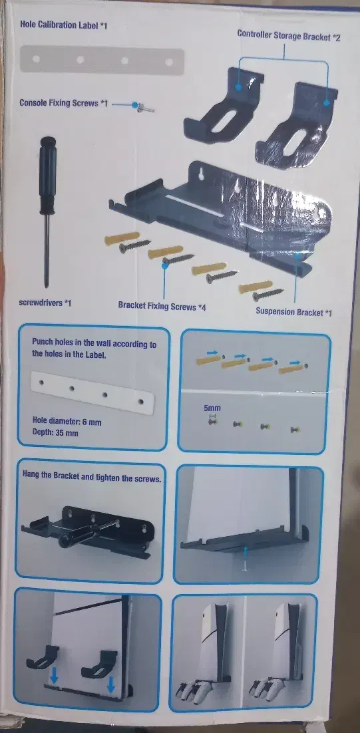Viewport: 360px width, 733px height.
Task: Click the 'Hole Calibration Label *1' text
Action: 64,25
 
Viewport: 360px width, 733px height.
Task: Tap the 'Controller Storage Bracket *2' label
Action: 289,35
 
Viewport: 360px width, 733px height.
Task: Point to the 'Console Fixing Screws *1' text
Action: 63,102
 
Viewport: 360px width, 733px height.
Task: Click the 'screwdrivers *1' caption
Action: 45,303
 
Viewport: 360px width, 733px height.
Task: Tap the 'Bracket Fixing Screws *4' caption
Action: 162,307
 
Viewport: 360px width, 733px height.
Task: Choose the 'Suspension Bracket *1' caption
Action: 293,311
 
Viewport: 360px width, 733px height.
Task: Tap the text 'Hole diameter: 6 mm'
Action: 67,422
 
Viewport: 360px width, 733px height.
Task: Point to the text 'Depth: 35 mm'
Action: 55,432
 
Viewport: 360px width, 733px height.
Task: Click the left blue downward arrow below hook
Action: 55,681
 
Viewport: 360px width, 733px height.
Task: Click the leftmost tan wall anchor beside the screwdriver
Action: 122,238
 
